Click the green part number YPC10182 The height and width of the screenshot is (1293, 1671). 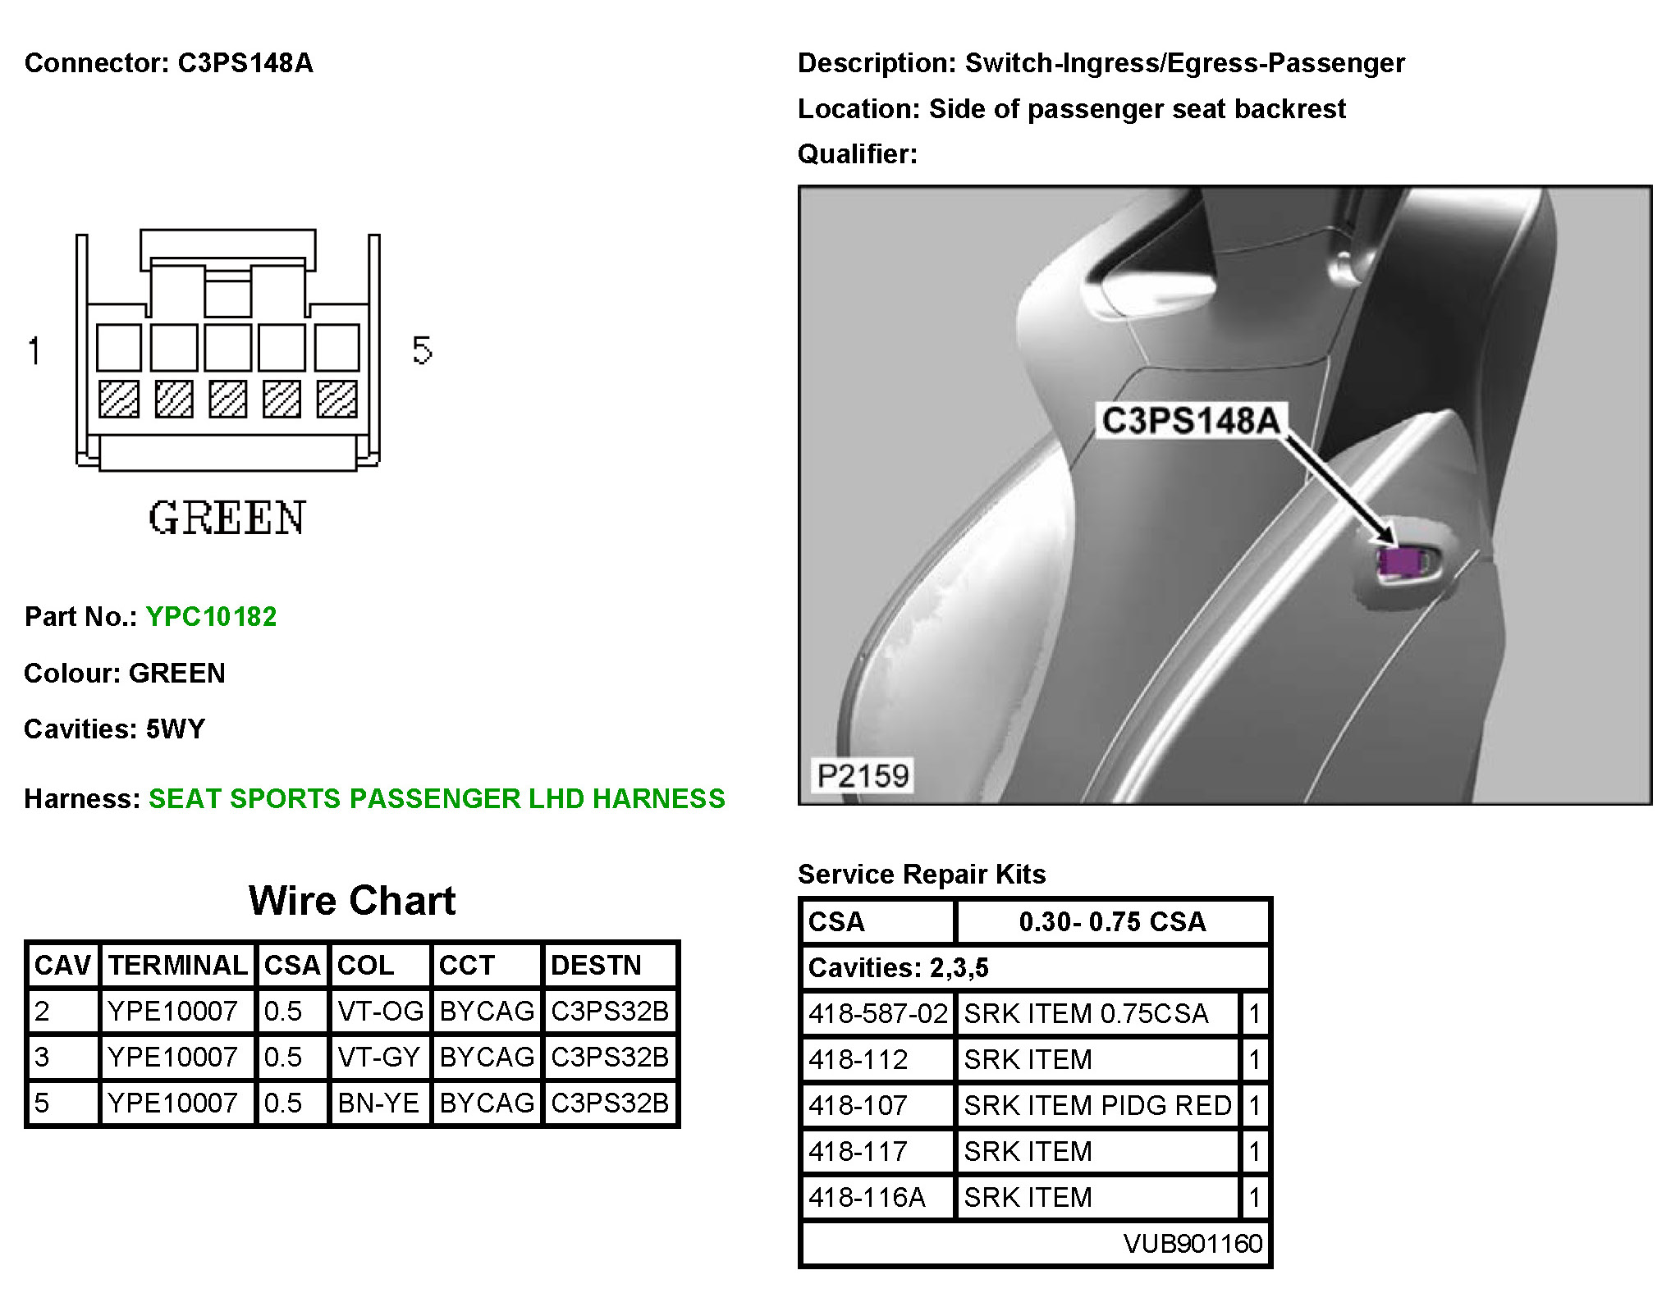click(x=211, y=616)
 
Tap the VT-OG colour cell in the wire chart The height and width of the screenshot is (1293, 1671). click(x=380, y=1011)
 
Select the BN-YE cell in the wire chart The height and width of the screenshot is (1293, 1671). click(x=378, y=1103)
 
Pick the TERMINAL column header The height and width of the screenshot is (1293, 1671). click(x=177, y=965)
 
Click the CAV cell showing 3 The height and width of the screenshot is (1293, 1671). click(x=43, y=1057)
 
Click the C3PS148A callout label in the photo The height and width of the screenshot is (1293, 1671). click(x=1190, y=421)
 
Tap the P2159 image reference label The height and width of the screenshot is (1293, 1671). click(x=863, y=775)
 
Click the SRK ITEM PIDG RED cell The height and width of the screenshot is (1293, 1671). click(x=1097, y=1106)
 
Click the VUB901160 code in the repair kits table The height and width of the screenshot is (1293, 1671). click(x=1193, y=1244)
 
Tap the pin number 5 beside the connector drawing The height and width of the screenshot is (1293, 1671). click(x=422, y=351)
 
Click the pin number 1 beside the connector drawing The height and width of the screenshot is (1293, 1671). click(x=34, y=351)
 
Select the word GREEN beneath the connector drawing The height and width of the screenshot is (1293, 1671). click(x=227, y=519)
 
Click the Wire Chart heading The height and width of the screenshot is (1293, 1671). click(x=351, y=901)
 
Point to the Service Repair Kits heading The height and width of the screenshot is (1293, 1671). click(x=922, y=875)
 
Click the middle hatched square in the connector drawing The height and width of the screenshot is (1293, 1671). click(x=227, y=400)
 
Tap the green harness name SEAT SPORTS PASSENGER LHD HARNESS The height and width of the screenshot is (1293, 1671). click(x=437, y=798)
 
